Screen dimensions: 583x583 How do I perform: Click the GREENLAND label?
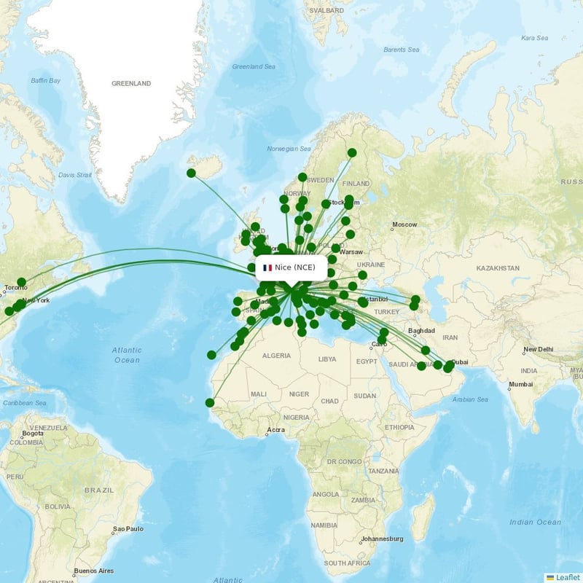[131, 84]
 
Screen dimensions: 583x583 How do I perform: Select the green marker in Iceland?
[191, 173]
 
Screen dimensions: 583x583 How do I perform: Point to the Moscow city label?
[404, 224]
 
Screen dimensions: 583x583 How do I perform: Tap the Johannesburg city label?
[383, 539]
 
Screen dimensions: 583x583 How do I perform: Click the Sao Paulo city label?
[128, 528]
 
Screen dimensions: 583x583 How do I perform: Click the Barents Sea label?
[401, 50]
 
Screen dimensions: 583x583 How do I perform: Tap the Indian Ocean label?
[535, 522]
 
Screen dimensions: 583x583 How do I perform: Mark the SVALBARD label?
[326, 11]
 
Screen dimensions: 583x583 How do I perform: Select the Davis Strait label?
[75, 175]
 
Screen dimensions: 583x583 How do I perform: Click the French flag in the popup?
[267, 267]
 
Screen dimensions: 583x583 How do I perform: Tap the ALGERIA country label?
[276, 356]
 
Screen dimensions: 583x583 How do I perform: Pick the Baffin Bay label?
[45, 80]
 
